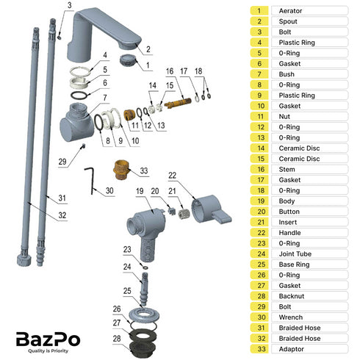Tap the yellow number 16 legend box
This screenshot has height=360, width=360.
point(259,169)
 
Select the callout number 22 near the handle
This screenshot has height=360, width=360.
point(173,176)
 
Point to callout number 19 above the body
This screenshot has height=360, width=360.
point(138,191)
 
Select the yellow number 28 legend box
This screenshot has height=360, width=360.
point(259,296)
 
